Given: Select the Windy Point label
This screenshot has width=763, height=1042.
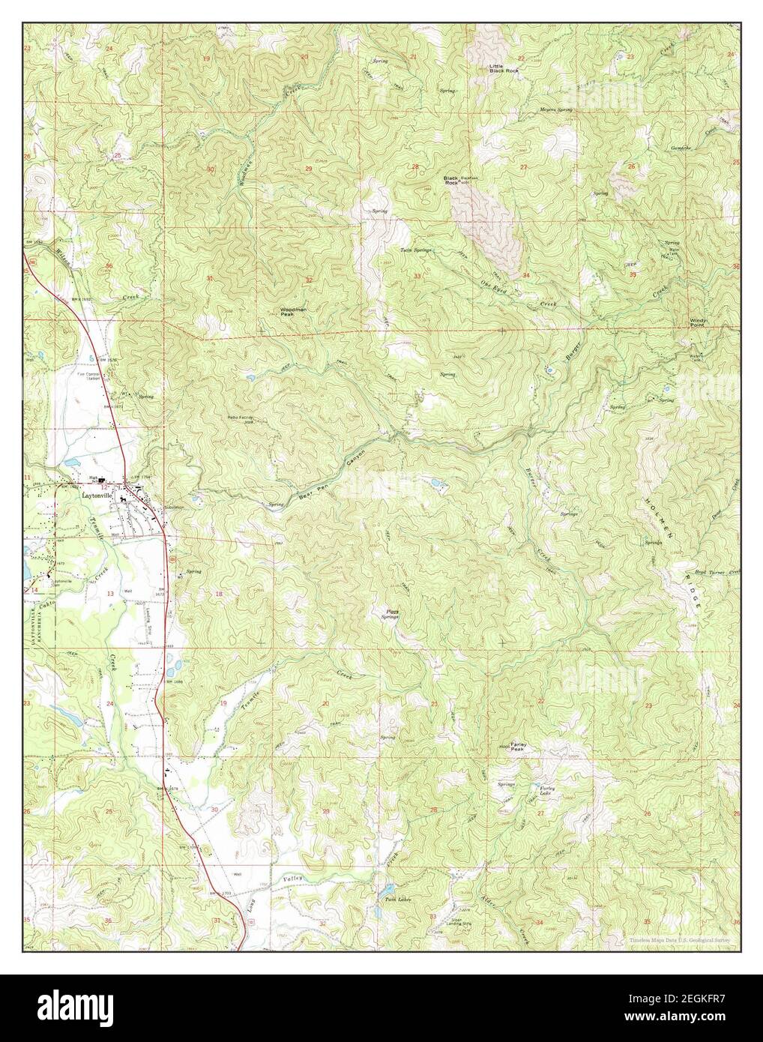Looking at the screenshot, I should click(x=698, y=322).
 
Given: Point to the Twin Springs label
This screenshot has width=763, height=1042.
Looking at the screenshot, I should click(x=416, y=250).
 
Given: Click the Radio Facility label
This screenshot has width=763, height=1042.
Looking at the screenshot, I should click(x=241, y=418).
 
